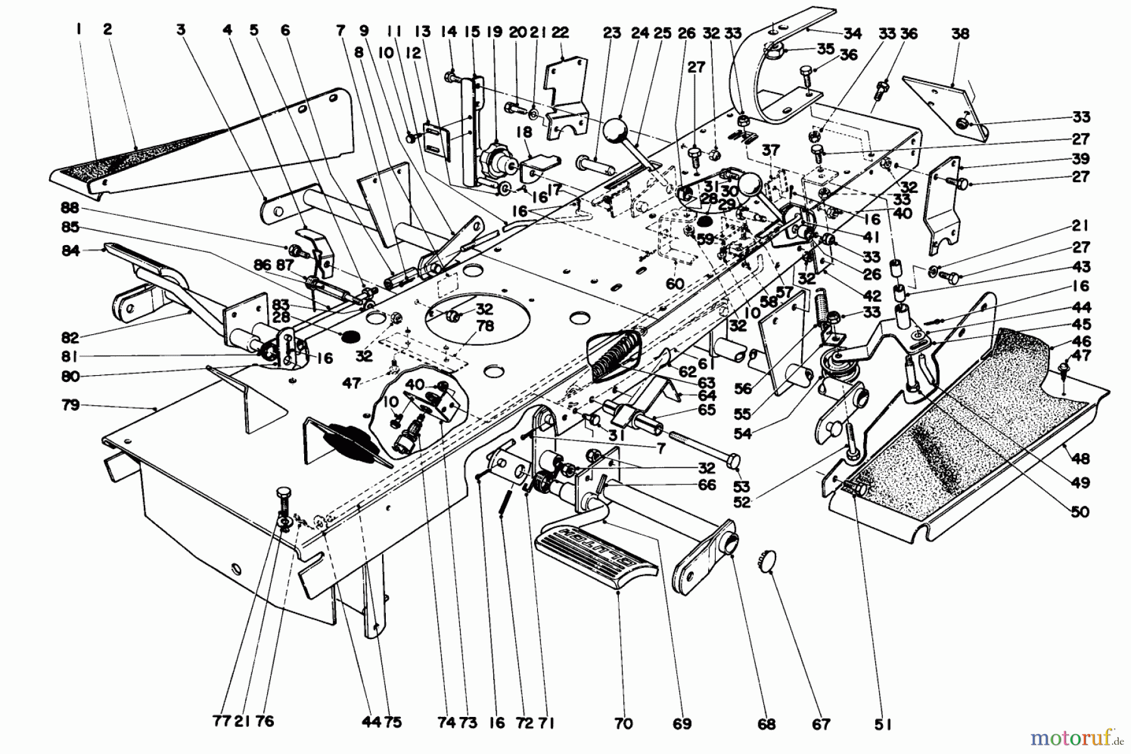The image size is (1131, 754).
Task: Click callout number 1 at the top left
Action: click(79, 28)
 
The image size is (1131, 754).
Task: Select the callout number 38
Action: click(959, 33)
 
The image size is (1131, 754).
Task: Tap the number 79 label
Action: click(71, 405)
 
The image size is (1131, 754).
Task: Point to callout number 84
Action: click(71, 251)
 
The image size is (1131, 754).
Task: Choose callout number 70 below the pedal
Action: click(624, 724)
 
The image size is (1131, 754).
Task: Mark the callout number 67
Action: click(821, 724)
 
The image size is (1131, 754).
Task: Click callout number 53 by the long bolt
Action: click(741, 486)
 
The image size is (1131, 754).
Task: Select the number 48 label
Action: click(1081, 459)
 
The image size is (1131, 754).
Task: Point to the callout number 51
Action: click(883, 724)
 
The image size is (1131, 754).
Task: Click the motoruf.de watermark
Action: click(1075, 735)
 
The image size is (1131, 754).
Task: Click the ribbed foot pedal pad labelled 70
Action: click(596, 552)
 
